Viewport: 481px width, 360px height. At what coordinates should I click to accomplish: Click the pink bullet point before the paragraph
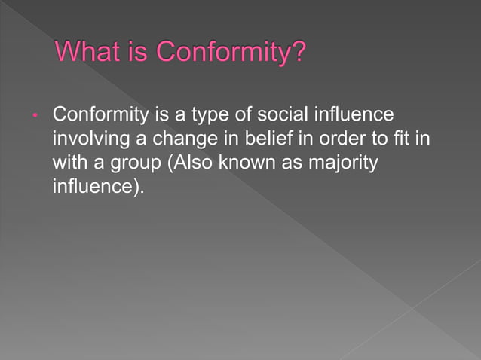tap(35, 117)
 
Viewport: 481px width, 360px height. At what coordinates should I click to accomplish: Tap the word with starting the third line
tap(69, 163)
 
